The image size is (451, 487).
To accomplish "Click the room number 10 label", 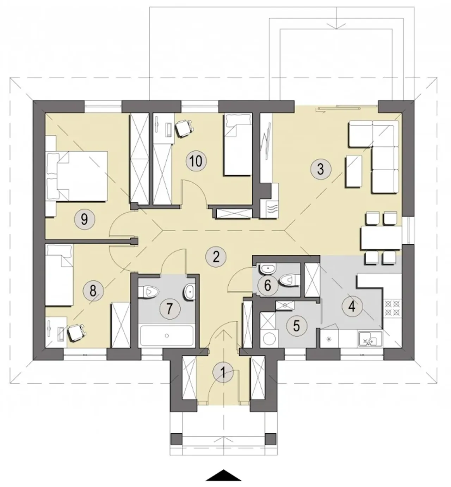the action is point(196,162).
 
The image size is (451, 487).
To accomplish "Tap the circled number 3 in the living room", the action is point(321,169).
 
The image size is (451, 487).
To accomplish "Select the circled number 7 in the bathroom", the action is point(170,309).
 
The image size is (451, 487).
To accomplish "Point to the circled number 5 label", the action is point(297,326).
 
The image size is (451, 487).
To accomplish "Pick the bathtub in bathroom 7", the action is point(167,335).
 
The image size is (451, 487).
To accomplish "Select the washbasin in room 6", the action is point(267,269).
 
